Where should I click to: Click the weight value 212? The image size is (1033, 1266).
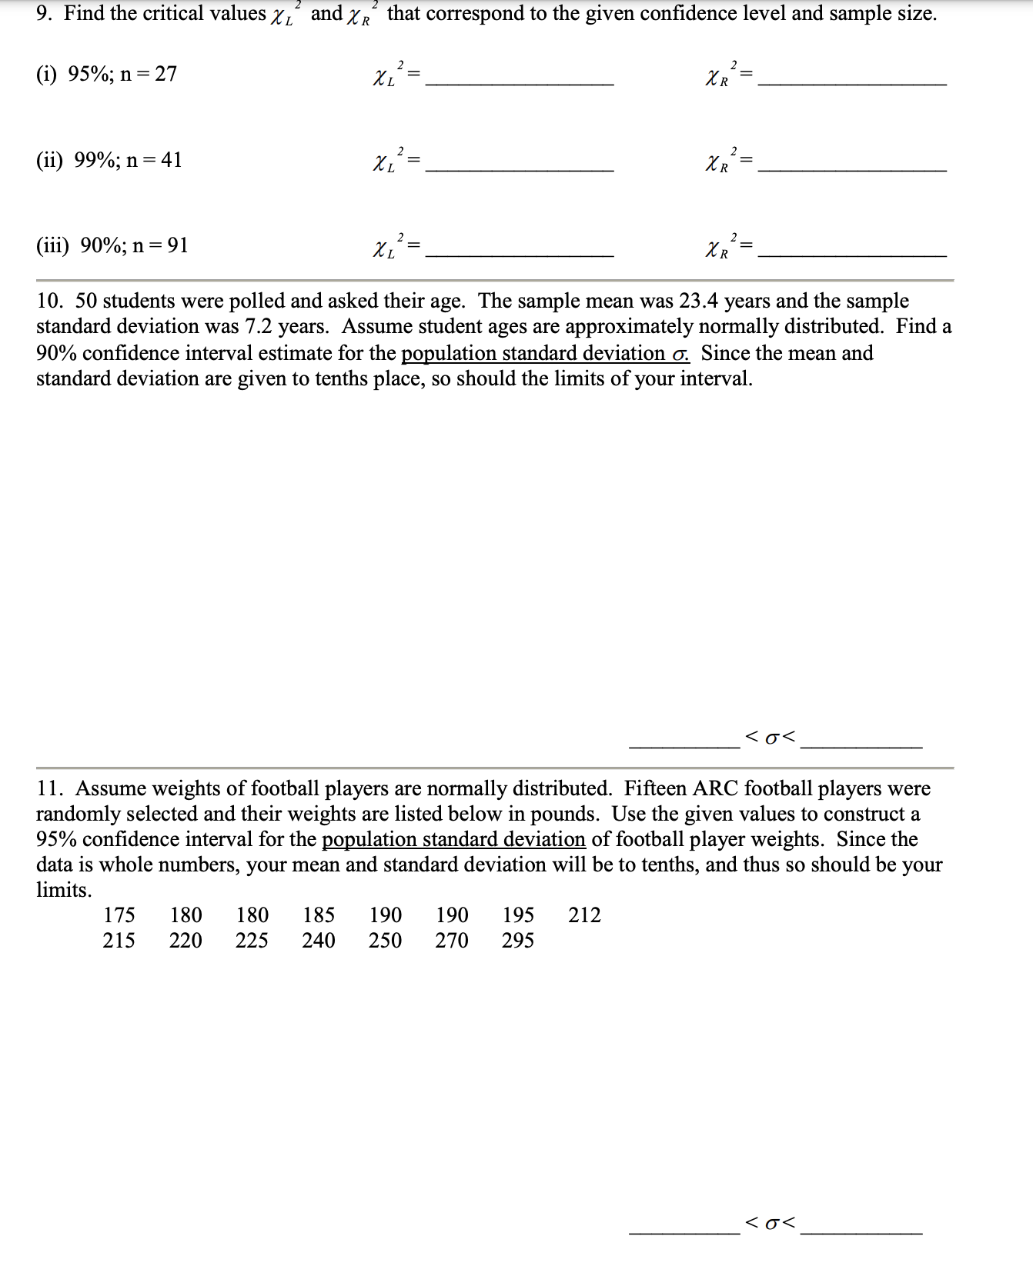click(584, 915)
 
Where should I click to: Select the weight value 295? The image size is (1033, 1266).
click(518, 941)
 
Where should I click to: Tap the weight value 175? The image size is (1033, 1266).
click(119, 915)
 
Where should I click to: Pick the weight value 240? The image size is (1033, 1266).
click(319, 941)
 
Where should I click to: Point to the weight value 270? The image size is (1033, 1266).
click(452, 941)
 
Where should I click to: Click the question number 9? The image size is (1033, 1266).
click(44, 14)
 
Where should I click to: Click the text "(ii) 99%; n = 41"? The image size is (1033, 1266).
click(109, 160)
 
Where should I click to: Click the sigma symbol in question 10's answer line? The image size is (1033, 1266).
click(771, 738)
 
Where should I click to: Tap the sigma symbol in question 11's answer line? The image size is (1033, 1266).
click(771, 1221)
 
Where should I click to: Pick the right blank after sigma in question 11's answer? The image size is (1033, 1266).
click(861, 1228)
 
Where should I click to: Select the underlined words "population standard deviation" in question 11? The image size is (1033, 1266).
click(453, 839)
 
